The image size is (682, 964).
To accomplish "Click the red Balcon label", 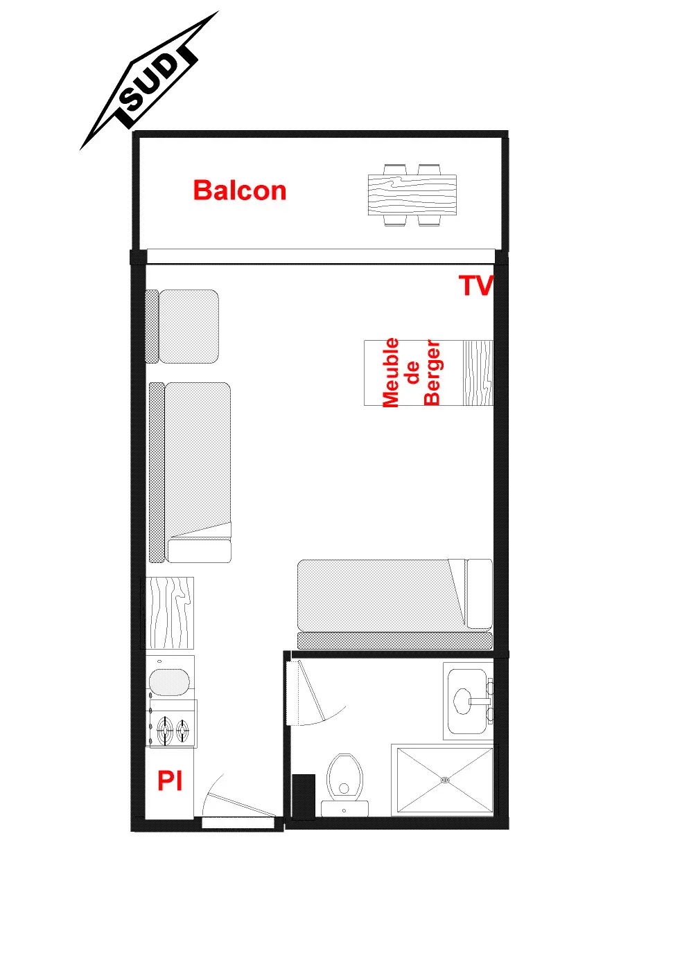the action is point(240,190).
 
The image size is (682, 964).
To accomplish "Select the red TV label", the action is point(476,285).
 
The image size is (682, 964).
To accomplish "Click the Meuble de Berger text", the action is point(412,373).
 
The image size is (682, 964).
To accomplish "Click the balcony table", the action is point(412,195).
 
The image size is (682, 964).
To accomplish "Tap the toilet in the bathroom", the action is point(344,785).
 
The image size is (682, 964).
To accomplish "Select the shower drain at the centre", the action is point(445,779).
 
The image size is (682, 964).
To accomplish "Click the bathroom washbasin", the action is point(468,701).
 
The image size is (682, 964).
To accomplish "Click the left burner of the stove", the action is point(165,729).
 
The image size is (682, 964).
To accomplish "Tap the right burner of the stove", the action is point(182,729).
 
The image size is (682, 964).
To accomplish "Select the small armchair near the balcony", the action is point(182,326).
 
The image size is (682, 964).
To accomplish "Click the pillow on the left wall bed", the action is point(200,551).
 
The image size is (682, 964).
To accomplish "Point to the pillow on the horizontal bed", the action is point(480,593).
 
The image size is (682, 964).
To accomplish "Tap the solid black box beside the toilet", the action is point(304,795).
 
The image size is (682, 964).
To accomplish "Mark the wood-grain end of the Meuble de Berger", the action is point(478,373).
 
